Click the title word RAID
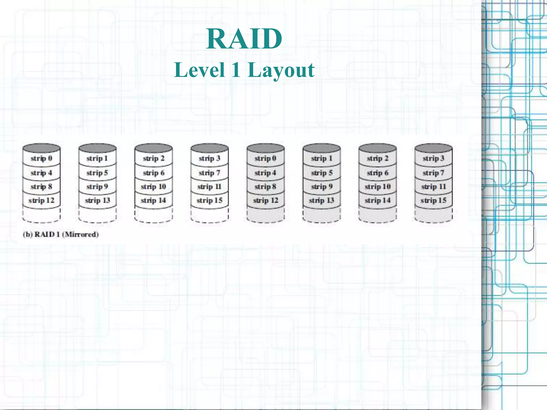244,39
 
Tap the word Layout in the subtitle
281,70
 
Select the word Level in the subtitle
199,70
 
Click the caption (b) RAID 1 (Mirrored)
61,234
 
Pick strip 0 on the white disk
41,158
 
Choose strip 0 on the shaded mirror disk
265,158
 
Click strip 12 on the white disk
41,200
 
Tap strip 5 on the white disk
97,173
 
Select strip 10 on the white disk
153,187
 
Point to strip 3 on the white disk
209,158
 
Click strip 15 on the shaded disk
433,200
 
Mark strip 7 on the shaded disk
433,173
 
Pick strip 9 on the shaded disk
322,187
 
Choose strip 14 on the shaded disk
377,200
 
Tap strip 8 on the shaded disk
265,187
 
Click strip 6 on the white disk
153,173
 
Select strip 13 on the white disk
97,200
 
